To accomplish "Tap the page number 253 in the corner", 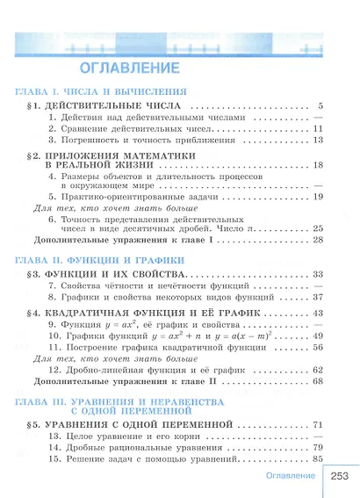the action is coord(341,476).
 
